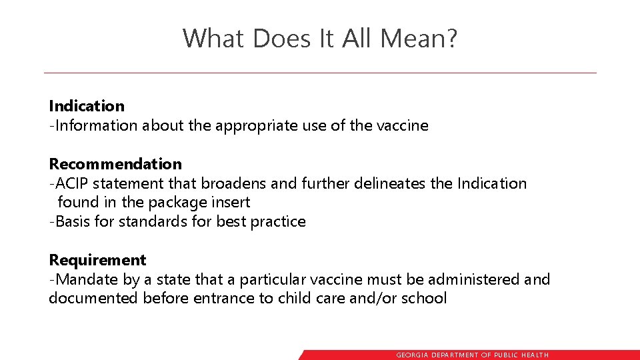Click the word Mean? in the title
point(419,38)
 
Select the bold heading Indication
point(87,106)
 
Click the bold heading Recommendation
point(115,164)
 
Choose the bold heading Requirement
point(97,260)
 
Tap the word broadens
point(227,183)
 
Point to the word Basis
point(74,221)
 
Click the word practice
point(278,221)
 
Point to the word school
point(424,298)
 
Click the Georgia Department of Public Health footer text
point(473,355)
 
